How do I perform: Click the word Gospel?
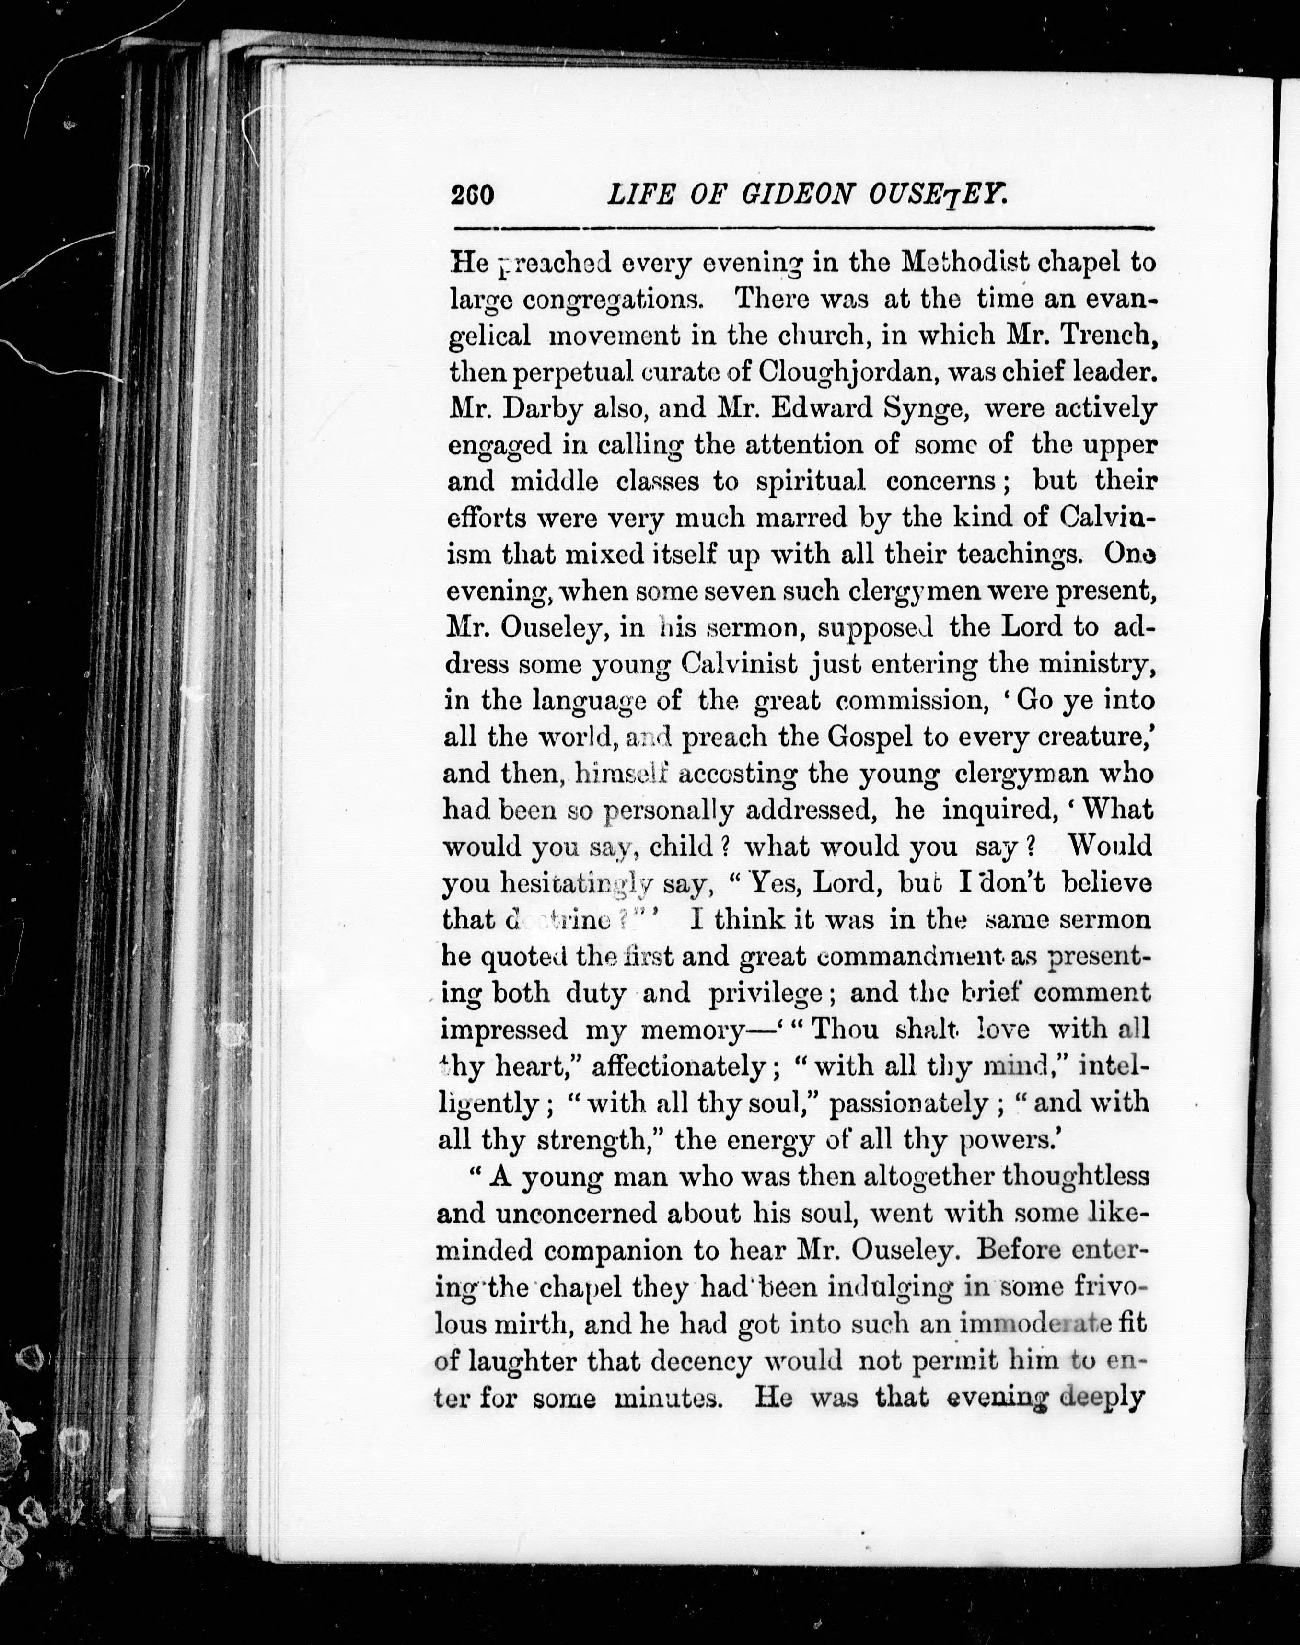(x=871, y=737)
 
